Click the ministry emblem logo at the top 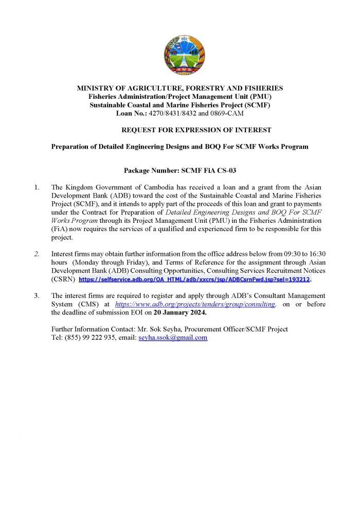pos(180,55)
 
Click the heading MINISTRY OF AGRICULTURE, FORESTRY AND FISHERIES pos(180,89)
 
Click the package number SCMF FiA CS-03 pos(209,170)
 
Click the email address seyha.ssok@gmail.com pos(173,338)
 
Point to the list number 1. pos(37,187)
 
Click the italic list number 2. pos(37,254)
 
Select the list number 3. pos(37,296)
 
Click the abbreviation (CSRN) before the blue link pos(63,279)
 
